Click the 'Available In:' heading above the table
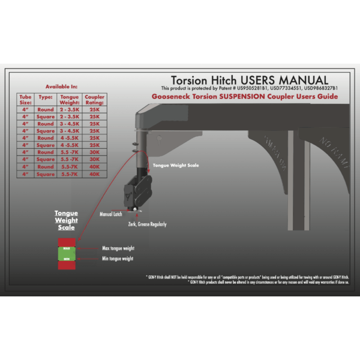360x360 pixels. point(62,86)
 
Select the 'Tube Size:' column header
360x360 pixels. point(25,99)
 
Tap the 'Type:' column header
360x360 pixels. point(46,96)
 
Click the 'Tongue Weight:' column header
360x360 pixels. point(69,99)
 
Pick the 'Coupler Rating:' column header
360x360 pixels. point(94,99)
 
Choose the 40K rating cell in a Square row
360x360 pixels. point(94,174)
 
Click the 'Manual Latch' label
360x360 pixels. point(111,212)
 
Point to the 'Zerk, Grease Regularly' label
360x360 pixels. point(147,224)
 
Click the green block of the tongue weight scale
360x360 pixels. point(66,253)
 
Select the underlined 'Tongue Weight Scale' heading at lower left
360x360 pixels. point(66,220)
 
